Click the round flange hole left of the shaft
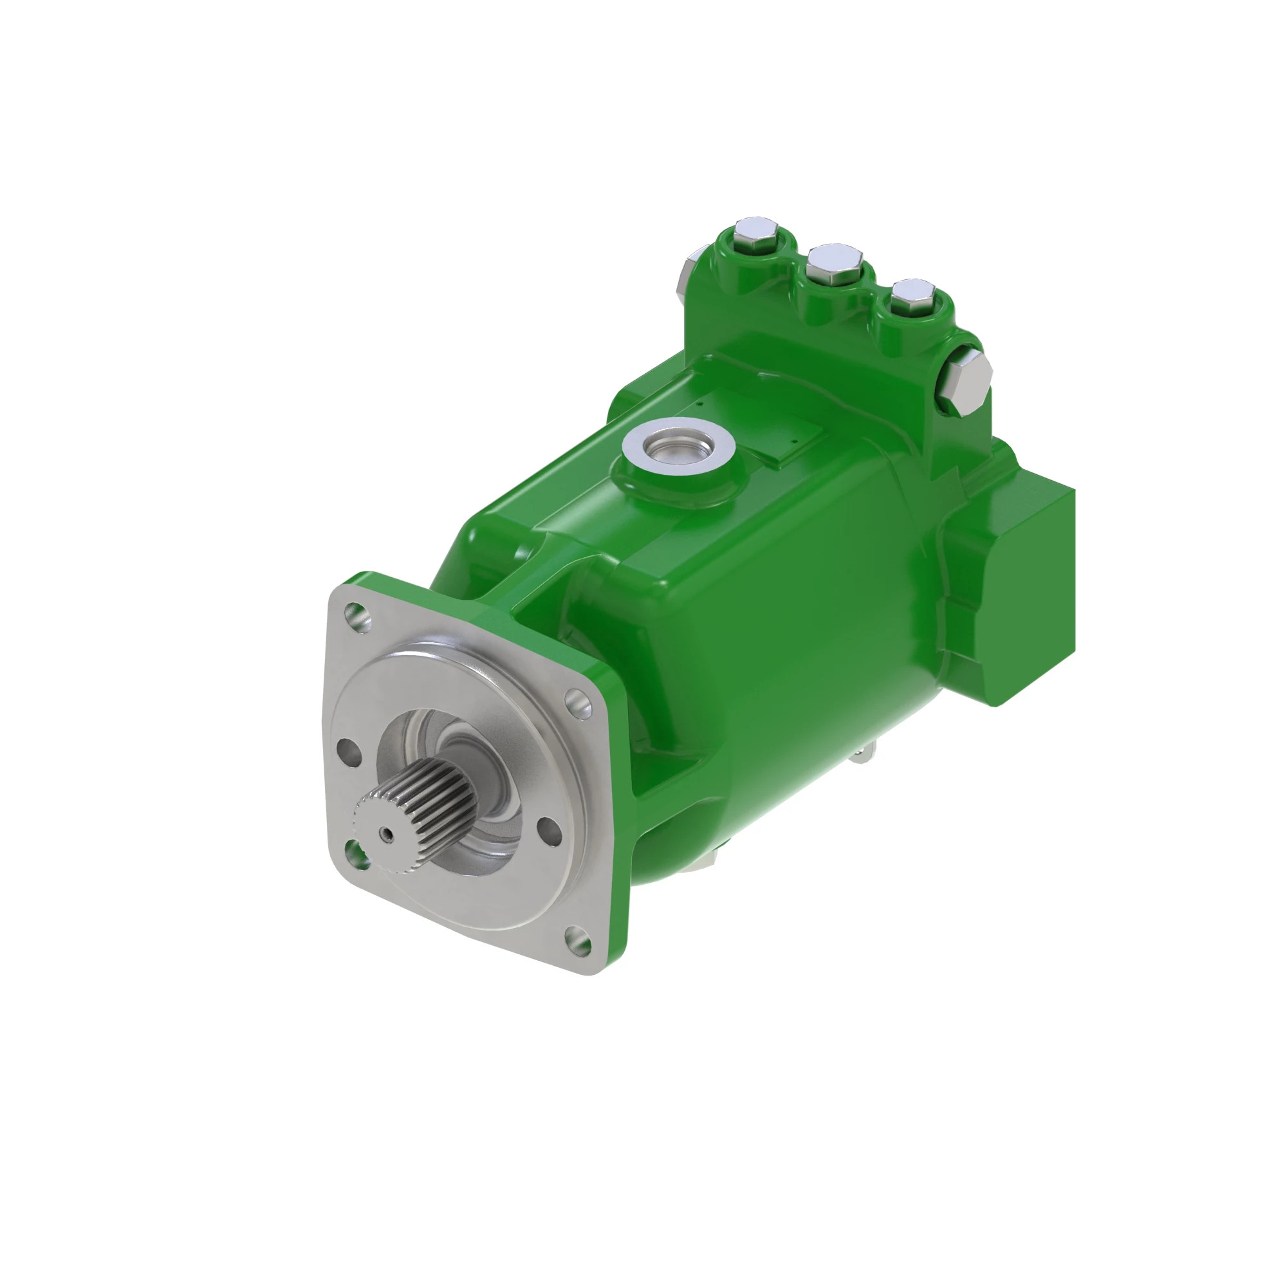click(349, 750)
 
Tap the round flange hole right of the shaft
click(548, 832)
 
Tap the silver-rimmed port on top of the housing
click(678, 443)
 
